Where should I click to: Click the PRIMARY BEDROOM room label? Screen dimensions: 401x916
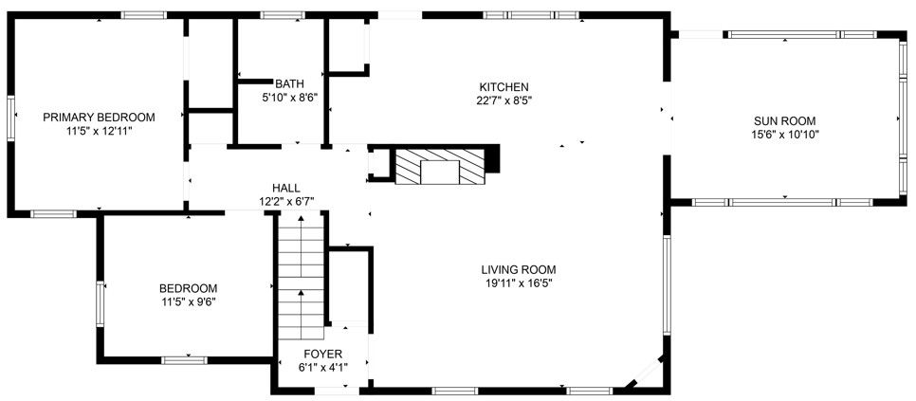tap(99, 117)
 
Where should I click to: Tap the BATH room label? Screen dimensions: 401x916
tap(289, 83)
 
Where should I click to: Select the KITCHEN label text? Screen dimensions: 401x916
tap(504, 86)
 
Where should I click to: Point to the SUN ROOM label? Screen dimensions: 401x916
tap(785, 120)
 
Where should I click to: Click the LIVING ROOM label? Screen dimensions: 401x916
tap(518, 268)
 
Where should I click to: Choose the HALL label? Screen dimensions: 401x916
tap(286, 188)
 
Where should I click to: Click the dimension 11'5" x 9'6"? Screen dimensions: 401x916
tap(188, 302)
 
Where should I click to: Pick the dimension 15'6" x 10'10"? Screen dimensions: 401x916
tap(785, 135)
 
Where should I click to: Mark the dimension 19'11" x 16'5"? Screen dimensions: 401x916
tap(518, 283)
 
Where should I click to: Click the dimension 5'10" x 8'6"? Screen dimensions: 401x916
tap(289, 97)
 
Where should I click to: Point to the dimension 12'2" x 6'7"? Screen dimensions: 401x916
tap(286, 201)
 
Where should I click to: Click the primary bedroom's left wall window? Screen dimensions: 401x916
tap(12, 119)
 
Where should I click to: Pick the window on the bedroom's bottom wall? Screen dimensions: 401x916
tap(184, 360)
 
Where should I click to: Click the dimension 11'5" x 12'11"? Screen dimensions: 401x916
tap(99, 131)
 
